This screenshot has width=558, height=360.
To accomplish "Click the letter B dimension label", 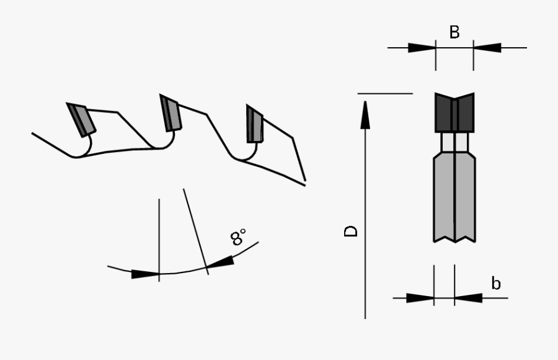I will (454, 32).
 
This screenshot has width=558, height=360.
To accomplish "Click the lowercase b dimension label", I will (496, 284).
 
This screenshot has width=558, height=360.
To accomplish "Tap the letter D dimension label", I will (352, 231).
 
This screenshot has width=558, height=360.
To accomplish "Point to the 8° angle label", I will (239, 237).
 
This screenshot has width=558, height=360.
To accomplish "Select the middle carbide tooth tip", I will (170, 114).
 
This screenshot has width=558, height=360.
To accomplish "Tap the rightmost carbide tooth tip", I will (254, 125).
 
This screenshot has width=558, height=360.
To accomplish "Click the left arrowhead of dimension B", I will (422, 48).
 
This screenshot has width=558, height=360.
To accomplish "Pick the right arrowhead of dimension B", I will (487, 48).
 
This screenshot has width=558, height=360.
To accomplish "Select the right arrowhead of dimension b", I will (468, 298).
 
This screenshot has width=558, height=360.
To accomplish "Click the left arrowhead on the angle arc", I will (146, 274).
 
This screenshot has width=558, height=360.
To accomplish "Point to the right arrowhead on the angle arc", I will (221, 263).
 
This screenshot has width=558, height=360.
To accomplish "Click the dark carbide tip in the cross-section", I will (454, 113).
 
